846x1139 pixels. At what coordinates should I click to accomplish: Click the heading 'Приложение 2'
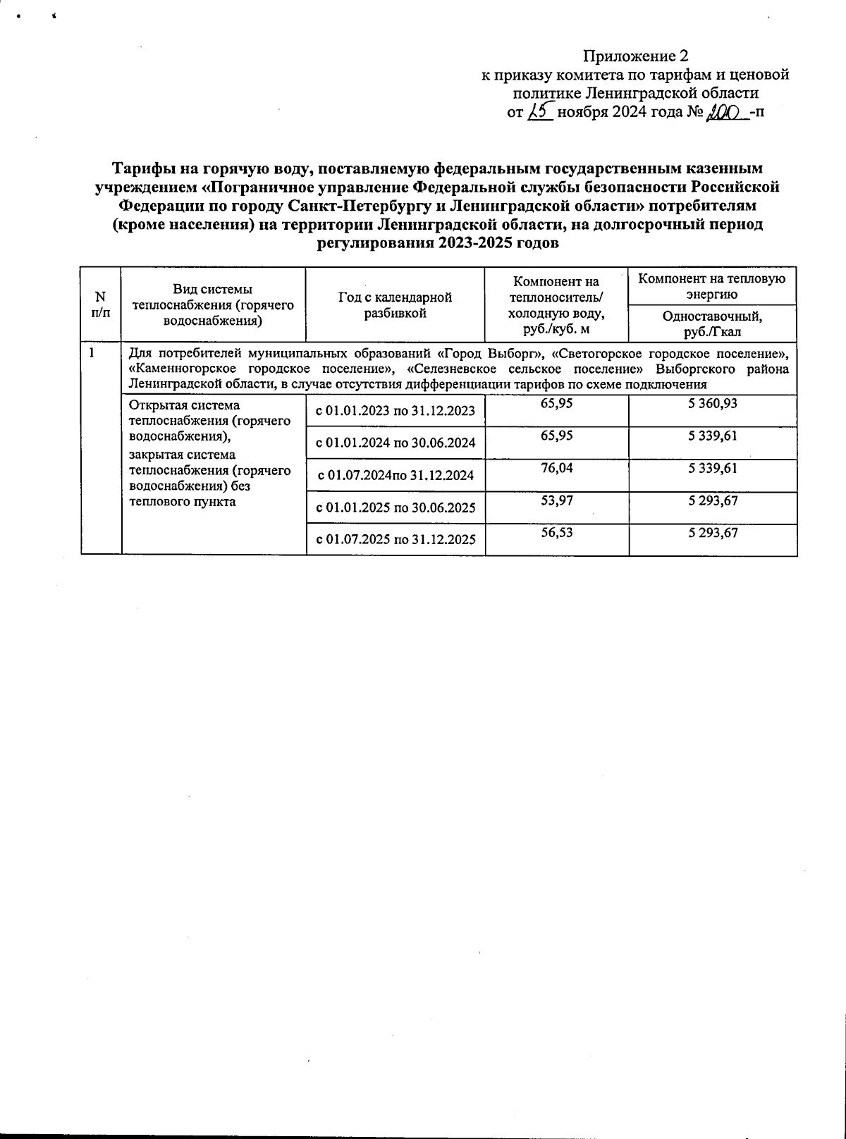pos(634,56)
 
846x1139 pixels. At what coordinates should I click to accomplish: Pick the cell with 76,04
pos(557,468)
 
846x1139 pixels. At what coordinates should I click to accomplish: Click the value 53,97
pos(557,500)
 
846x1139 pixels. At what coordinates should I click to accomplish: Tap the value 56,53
pos(557,533)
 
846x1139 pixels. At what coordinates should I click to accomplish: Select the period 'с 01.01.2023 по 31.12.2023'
pos(396,411)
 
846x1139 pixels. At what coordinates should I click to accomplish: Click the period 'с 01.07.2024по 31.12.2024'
pos(396,475)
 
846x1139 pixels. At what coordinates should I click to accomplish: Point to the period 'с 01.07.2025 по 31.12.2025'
pos(396,540)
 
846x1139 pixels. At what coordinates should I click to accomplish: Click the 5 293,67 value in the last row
pos(713,533)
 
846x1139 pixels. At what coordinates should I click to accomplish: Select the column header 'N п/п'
pos(100,304)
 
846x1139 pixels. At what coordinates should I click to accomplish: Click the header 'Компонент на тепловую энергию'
pos(712,285)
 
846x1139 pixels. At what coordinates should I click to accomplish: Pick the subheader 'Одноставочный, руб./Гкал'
pos(712,324)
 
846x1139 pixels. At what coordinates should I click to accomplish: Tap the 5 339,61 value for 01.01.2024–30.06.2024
pos(713,436)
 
